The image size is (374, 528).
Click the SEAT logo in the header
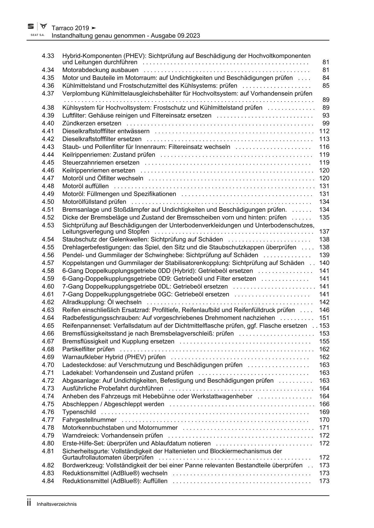tap(31, 27)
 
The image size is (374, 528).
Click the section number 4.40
tap(48, 123)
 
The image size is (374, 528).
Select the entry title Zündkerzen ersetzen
tap(92, 123)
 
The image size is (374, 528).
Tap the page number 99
tap(326, 123)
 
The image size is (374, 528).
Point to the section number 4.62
tap(48, 302)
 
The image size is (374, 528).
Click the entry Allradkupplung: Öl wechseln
tap(102, 302)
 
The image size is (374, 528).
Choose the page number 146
tap(324, 310)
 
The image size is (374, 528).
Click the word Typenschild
tap(79, 412)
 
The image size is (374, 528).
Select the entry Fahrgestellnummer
tap(89, 420)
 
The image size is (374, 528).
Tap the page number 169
tap(324, 412)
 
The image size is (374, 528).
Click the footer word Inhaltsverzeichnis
tap(57, 504)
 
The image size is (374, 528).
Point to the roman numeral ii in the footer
tap(29, 503)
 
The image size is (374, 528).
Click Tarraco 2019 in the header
tap(70, 28)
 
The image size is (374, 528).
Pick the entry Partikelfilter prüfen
tap(88, 349)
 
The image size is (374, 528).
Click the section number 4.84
tap(48, 481)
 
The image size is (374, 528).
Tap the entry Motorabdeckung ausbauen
tap(100, 70)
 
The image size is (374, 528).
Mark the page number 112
tap(324, 131)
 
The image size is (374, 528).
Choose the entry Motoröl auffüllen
tap(85, 186)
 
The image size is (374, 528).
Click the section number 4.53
tap(48, 225)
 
